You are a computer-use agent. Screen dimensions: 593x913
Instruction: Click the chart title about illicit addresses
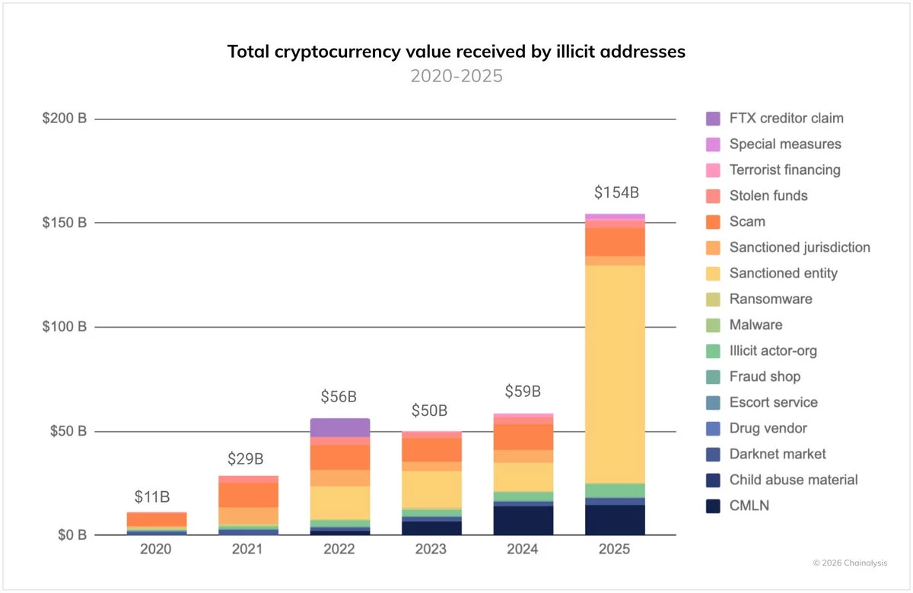[x=456, y=52]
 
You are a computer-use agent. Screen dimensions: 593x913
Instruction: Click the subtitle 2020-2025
[x=456, y=76]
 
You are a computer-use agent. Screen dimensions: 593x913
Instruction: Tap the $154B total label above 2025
[x=615, y=192]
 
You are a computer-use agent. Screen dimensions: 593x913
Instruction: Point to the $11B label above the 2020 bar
[x=153, y=497]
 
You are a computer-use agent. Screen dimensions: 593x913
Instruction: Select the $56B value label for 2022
[x=339, y=396]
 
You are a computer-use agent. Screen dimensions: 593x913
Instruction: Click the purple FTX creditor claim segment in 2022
[x=339, y=427]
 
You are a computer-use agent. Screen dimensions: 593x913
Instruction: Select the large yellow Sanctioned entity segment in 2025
[x=615, y=373]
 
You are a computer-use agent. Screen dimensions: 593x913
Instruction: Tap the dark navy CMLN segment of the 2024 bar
[x=523, y=521]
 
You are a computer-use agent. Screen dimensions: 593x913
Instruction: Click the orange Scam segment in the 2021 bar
[x=247, y=495]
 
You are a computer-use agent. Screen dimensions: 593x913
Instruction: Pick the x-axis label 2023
[x=431, y=549]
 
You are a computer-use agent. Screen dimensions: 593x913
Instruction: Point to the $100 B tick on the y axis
[x=65, y=327]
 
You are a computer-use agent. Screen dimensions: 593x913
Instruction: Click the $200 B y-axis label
[x=65, y=119]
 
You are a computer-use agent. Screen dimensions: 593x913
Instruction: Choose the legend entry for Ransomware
[x=770, y=299]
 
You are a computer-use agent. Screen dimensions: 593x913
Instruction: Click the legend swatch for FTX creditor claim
[x=713, y=119]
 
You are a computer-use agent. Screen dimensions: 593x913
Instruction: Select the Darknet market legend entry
[x=777, y=454]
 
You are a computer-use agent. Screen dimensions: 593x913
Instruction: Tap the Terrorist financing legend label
[x=784, y=170]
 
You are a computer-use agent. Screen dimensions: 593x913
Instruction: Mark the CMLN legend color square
[x=713, y=506]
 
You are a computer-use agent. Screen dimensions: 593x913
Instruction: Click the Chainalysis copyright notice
[x=849, y=563]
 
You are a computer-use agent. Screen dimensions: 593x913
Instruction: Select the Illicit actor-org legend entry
[x=772, y=350]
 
